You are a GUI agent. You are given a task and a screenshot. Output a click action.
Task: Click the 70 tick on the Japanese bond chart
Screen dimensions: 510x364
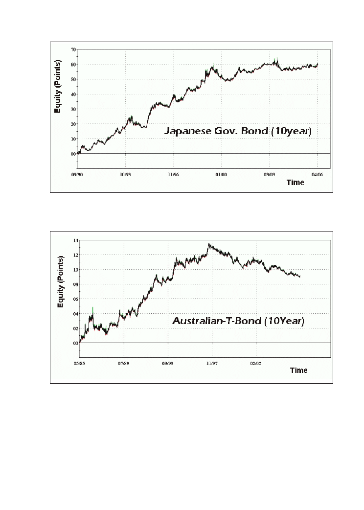(72, 49)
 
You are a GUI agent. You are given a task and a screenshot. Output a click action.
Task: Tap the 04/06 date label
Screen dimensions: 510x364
(317, 173)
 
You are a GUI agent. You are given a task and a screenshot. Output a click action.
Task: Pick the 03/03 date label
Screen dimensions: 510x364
(269, 173)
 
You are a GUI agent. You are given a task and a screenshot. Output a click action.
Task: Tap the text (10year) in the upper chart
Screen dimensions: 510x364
(290, 131)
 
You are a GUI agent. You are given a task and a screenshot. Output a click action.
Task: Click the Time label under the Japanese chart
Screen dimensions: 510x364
(295, 183)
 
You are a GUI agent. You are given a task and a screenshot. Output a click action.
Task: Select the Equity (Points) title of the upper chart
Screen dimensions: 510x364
(58, 86)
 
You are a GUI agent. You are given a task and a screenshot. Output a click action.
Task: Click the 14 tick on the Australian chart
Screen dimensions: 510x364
(76, 240)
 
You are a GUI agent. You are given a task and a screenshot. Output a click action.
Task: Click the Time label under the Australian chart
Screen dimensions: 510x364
(298, 371)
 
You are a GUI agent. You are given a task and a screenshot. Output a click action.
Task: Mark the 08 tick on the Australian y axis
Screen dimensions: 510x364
(76, 284)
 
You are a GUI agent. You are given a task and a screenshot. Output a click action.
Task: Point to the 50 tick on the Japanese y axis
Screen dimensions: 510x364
(72, 79)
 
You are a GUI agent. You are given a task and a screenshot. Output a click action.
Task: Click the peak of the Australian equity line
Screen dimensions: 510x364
(209, 244)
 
